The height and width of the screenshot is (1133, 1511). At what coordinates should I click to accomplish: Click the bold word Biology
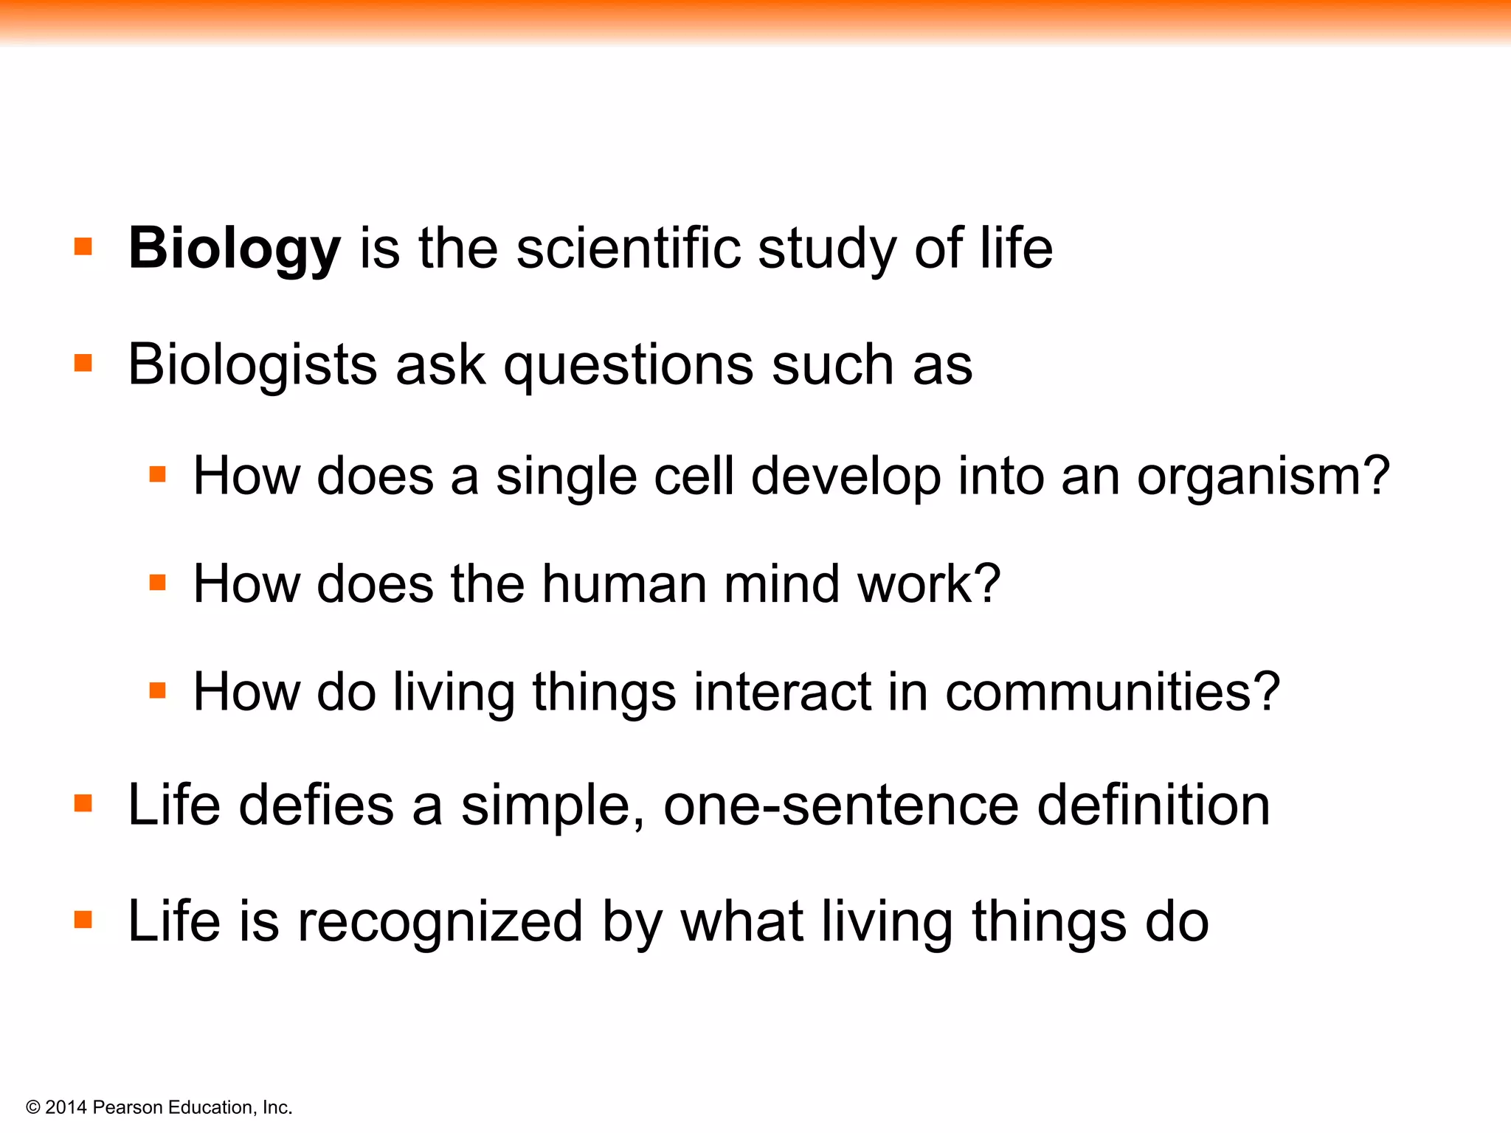[234, 249]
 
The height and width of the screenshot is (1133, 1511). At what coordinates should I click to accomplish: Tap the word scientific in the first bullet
[628, 248]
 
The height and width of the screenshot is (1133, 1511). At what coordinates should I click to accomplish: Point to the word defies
[317, 805]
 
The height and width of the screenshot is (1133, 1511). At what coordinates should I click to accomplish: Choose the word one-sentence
[841, 805]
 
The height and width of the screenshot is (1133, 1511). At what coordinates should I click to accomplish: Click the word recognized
[440, 922]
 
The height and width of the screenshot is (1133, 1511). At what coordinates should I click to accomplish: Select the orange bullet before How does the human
[157, 583]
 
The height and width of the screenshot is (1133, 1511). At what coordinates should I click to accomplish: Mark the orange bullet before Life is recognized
[83, 920]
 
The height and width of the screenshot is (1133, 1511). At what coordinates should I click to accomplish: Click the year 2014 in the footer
[66, 1107]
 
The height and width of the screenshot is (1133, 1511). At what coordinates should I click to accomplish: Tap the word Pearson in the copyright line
[128, 1107]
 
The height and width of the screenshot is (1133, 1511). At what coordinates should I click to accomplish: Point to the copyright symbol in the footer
[33, 1107]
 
